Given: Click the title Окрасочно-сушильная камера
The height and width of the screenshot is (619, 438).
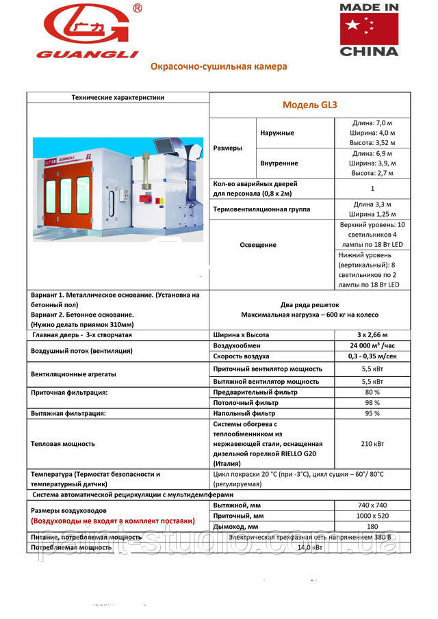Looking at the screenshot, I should (218, 67).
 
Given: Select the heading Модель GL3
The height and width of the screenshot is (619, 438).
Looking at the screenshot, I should (309, 105).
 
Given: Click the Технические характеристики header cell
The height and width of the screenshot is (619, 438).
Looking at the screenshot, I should (118, 97).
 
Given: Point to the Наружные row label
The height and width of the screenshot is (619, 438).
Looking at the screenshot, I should (277, 133).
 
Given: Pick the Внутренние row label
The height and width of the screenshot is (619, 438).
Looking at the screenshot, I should (279, 163).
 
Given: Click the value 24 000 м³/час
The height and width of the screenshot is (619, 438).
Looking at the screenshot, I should (372, 345).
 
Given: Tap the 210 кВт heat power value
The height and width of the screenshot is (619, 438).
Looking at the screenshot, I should (372, 444).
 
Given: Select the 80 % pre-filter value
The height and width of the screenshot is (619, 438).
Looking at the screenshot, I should (372, 392).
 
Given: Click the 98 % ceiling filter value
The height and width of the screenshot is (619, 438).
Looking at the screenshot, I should (372, 403).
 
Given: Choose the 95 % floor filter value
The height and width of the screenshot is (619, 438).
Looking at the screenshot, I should (372, 414).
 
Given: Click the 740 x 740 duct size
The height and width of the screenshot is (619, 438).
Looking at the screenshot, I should (372, 504).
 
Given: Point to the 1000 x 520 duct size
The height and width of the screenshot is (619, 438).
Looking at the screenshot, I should (372, 515).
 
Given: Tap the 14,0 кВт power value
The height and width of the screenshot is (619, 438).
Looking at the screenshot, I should (309, 548).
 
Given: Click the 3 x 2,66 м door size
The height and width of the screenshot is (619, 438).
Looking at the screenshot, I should (372, 334).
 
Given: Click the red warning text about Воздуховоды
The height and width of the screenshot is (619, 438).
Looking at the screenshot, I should (113, 521).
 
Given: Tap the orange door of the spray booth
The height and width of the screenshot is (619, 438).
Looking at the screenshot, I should (65, 194).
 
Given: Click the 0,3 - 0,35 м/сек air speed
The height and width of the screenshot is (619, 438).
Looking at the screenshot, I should (372, 356).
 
